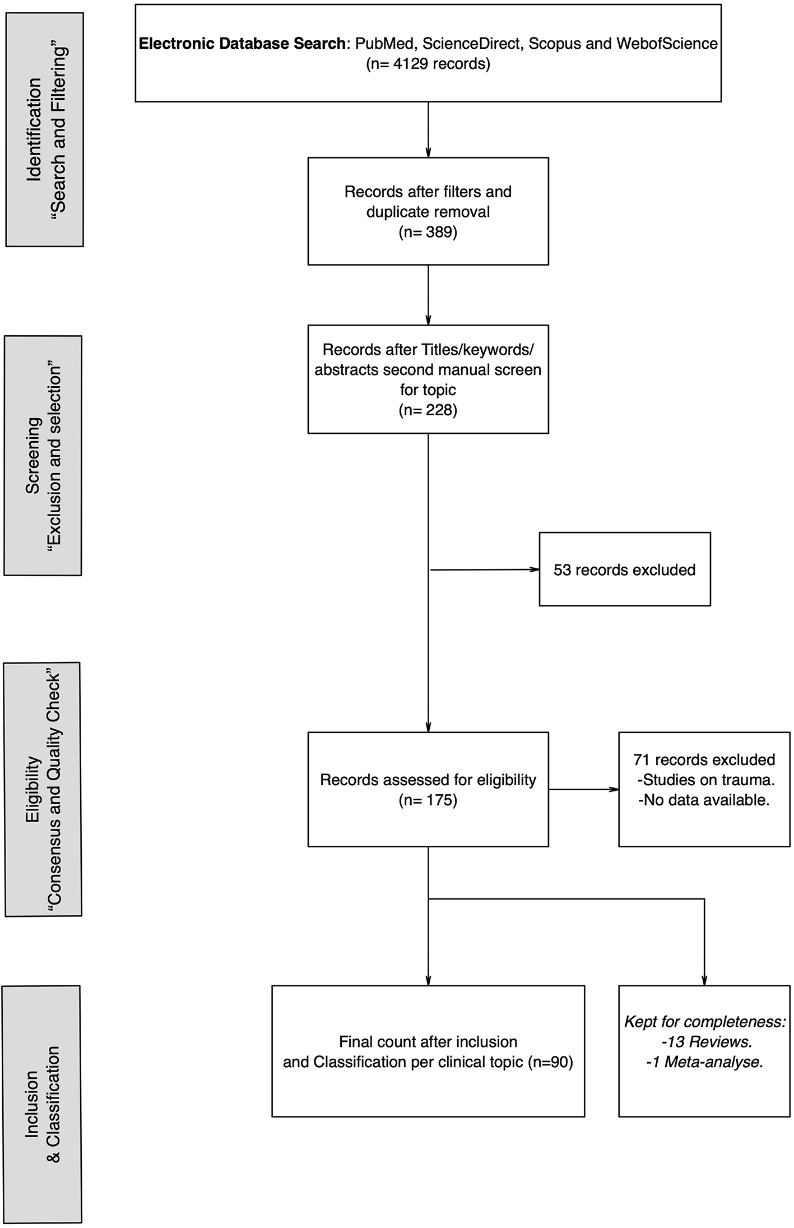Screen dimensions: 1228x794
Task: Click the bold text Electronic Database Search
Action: [x=242, y=44]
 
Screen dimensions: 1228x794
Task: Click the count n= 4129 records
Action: [x=428, y=64]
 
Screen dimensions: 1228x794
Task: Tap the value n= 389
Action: [x=428, y=232]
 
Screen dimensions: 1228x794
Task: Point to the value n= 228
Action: [x=428, y=410]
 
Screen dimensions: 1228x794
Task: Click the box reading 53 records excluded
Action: [x=624, y=569]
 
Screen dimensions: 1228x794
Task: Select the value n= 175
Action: [x=428, y=800]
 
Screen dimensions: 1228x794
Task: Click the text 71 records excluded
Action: [x=704, y=760]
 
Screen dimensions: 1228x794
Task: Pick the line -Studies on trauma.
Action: [x=705, y=780]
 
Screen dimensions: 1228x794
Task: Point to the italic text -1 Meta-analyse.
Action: [x=705, y=1062]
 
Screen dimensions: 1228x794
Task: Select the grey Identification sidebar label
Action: [x=45, y=129]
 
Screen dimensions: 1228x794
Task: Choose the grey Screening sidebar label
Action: [x=43, y=455]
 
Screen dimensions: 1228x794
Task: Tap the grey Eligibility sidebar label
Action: [x=43, y=789]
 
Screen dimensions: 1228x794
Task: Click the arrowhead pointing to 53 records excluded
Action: [x=535, y=569]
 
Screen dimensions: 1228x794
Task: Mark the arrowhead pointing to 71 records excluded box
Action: [x=614, y=790]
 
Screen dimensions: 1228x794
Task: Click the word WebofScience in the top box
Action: [x=667, y=44]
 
